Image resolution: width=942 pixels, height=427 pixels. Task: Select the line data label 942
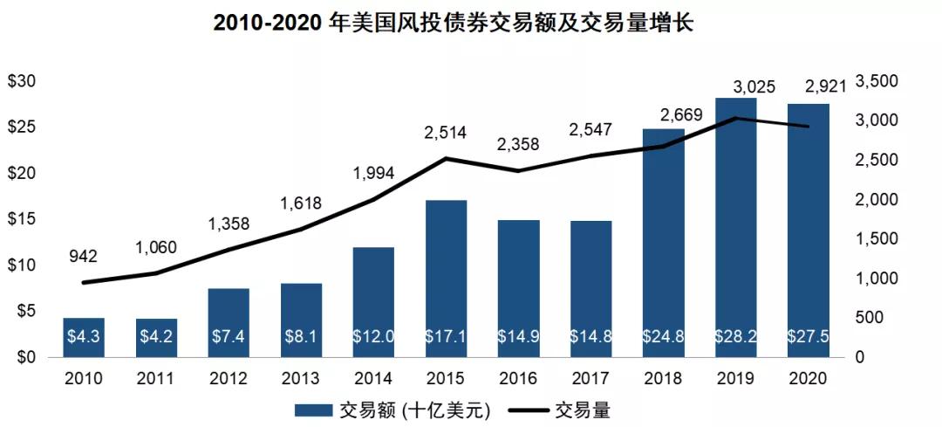[x=84, y=256]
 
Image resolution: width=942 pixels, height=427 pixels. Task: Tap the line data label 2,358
[x=518, y=144]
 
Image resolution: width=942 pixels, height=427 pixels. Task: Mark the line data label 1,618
[x=301, y=203]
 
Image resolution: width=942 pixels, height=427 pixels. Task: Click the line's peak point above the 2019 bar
[x=736, y=118]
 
